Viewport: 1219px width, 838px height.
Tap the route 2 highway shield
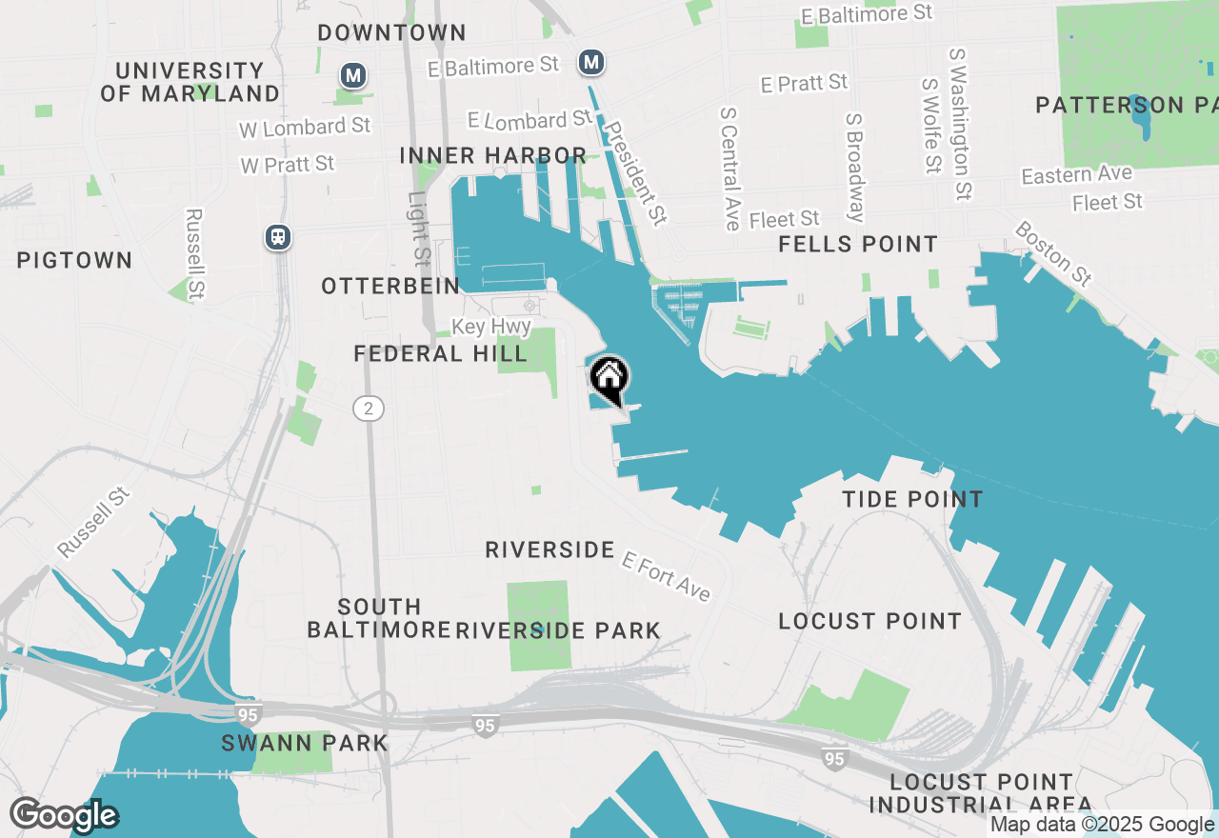coord(369,409)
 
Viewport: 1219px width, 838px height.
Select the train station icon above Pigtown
coord(278,236)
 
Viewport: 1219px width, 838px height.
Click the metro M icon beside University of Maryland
coord(353,74)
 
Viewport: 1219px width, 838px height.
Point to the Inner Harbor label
coord(492,155)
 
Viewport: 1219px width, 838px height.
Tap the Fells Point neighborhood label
coord(858,245)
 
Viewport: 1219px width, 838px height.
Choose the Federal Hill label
coord(440,354)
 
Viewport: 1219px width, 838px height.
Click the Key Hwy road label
coord(490,327)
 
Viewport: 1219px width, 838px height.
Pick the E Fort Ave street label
coord(666,575)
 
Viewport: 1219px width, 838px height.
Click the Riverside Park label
coord(558,630)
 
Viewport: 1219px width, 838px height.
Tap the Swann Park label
coord(305,743)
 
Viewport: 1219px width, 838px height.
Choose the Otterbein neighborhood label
coord(390,286)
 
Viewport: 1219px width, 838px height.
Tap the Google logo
coord(64,815)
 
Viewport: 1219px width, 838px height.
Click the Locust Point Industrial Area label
coord(980,793)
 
